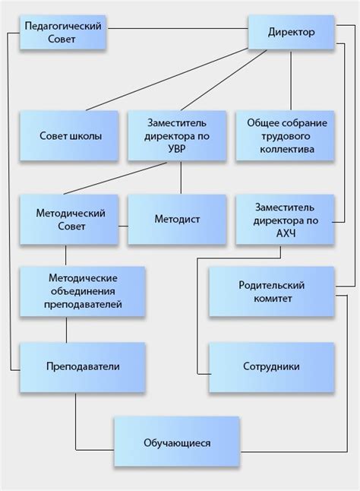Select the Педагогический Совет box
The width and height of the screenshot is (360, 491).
pos(63,33)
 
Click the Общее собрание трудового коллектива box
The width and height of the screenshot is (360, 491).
pos(285,136)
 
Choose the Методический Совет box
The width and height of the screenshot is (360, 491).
pos(71,220)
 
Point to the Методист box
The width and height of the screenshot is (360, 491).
pos(177,220)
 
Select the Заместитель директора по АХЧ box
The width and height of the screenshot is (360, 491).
pos(285,220)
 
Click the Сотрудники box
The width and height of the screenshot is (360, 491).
pos(271,366)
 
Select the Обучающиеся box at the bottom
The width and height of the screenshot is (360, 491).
pos(176,442)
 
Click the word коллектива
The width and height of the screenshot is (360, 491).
pos(285,150)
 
